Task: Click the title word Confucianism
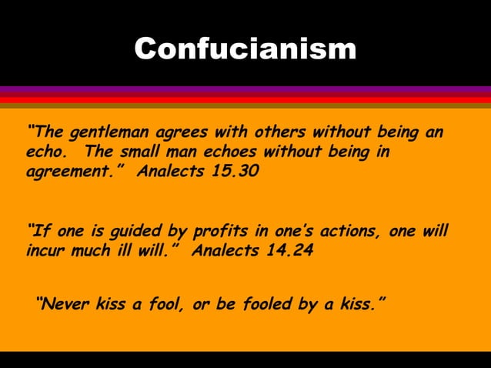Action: pos(245,49)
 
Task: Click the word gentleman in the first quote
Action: pos(107,131)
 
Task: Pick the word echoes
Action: pos(239,151)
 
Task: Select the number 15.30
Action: pos(235,171)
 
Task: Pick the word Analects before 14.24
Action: pos(222,251)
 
